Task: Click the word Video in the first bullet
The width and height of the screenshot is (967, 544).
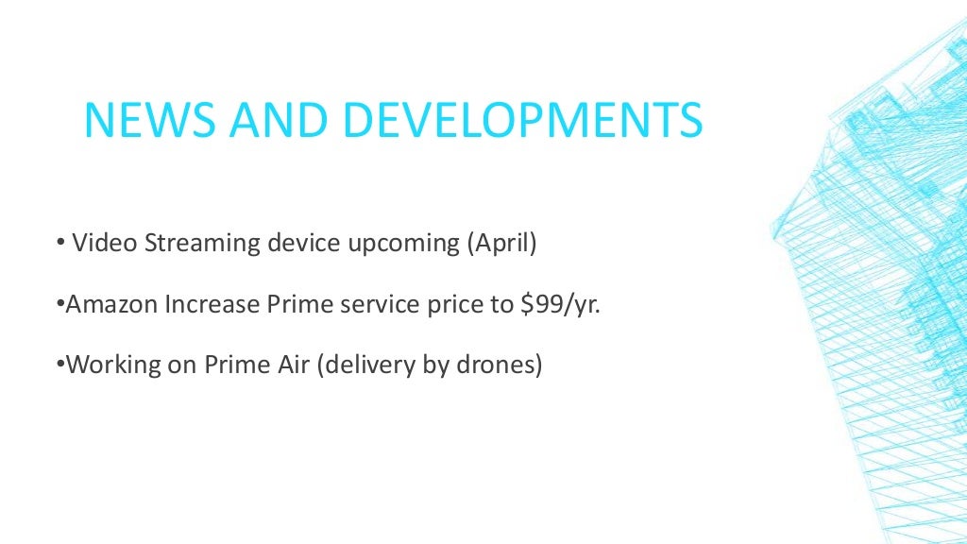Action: click(x=100, y=243)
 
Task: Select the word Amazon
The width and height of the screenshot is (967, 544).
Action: click(x=111, y=304)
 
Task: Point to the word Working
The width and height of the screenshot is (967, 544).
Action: click(x=111, y=365)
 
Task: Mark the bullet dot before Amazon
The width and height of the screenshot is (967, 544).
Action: click(x=59, y=305)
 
